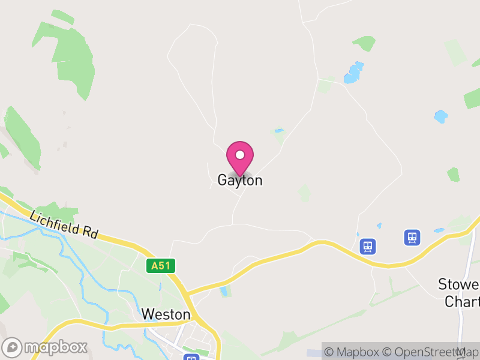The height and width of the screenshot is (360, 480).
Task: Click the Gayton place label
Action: [x=239, y=180]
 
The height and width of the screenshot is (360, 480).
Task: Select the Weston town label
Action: [x=166, y=314]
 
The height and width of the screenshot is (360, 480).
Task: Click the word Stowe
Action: [x=460, y=284]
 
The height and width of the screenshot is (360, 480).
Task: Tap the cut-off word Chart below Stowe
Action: [x=462, y=301]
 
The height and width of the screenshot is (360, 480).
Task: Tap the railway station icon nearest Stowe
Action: [x=412, y=237]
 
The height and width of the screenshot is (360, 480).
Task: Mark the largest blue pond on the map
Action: [x=353, y=73]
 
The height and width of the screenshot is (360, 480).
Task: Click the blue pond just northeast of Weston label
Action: [x=225, y=291]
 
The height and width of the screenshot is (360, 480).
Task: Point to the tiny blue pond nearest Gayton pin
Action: [x=278, y=130]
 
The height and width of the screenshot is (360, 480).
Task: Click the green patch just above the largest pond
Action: [x=364, y=43]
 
